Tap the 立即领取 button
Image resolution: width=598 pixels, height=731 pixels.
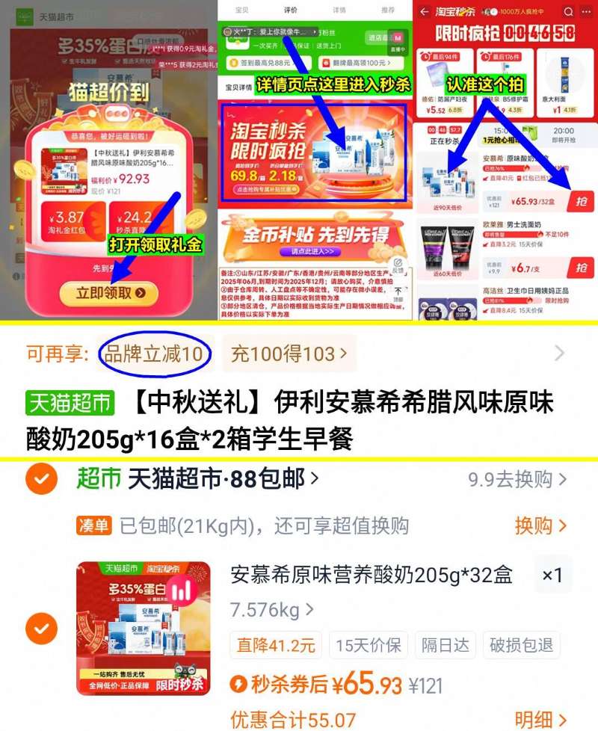coord(111,293)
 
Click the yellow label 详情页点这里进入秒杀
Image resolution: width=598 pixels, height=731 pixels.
coord(333,84)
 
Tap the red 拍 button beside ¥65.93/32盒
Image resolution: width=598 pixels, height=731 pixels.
coord(581,200)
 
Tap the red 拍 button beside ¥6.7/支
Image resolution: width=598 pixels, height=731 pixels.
coord(581,268)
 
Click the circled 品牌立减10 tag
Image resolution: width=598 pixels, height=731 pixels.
coord(154,354)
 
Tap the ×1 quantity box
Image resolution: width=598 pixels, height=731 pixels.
coord(552,575)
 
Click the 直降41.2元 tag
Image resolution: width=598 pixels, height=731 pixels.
coord(276,645)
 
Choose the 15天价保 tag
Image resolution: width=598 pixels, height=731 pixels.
coord(369,645)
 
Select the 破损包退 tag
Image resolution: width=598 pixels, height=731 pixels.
coord(521,645)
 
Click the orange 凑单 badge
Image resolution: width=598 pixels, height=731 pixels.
coord(94,526)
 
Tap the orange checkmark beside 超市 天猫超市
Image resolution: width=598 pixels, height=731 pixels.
coord(41,479)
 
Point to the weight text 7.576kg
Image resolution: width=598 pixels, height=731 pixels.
coord(266,610)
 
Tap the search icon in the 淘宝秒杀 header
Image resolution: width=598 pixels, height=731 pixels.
coord(567,12)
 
